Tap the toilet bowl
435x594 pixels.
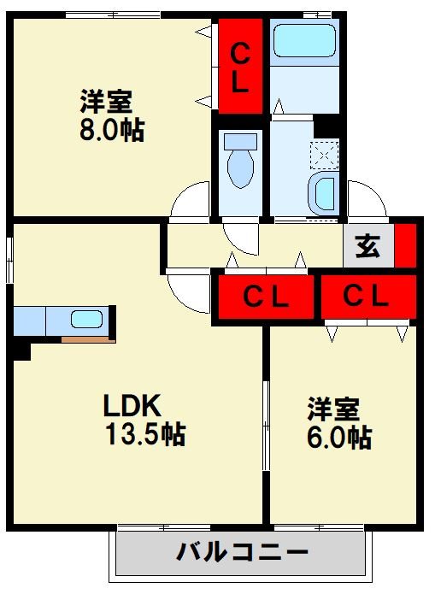coord(243,166)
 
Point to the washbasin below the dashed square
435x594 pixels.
coord(325,194)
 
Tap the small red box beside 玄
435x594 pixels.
coord(404,245)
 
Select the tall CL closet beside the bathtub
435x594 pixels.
coord(241,67)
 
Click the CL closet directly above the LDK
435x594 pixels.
coord(265,297)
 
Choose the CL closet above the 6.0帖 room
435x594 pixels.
coord(367,297)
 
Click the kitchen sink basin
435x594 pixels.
coord(85,320)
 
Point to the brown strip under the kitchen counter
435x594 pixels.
coord(88,339)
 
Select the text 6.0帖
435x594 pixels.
coord(339,438)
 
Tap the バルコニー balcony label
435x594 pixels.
coord(243,552)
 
